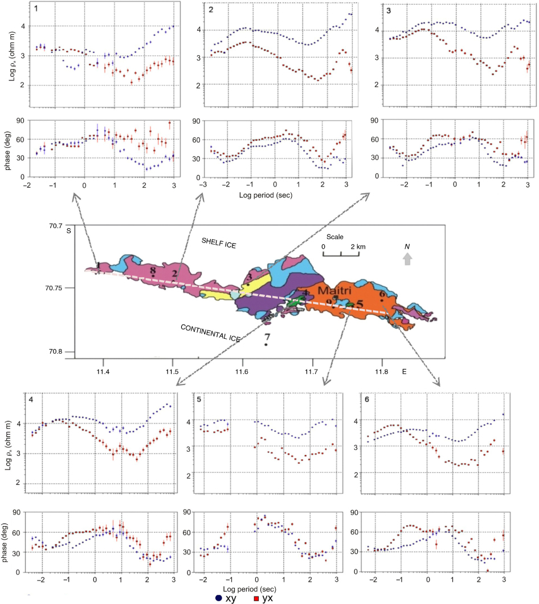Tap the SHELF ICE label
coord(219,242)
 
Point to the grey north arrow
coord(407,259)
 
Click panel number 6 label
coord(366,399)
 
